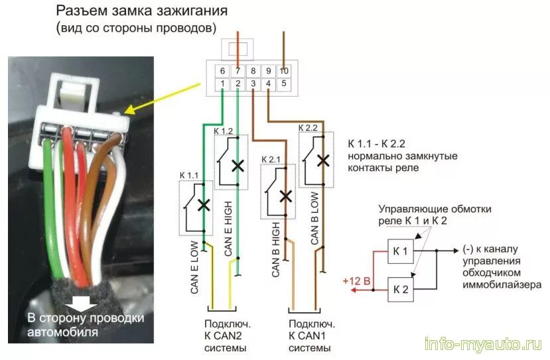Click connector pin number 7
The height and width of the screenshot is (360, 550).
pyautogui.click(x=238, y=71)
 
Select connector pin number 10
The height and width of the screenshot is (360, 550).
pyautogui.click(x=284, y=71)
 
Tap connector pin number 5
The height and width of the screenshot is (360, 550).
pyautogui.click(x=284, y=84)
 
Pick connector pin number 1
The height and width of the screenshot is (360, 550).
pyautogui.click(x=222, y=84)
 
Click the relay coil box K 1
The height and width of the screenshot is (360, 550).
pyautogui.click(x=401, y=252)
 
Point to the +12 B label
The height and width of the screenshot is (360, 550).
pyautogui.click(x=356, y=280)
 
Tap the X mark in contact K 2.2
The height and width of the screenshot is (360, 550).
pyautogui.click(x=323, y=160)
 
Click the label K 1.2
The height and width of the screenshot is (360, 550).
pyautogui.click(x=224, y=131)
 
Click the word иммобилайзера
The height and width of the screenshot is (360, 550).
pyautogui.click(x=505, y=284)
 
